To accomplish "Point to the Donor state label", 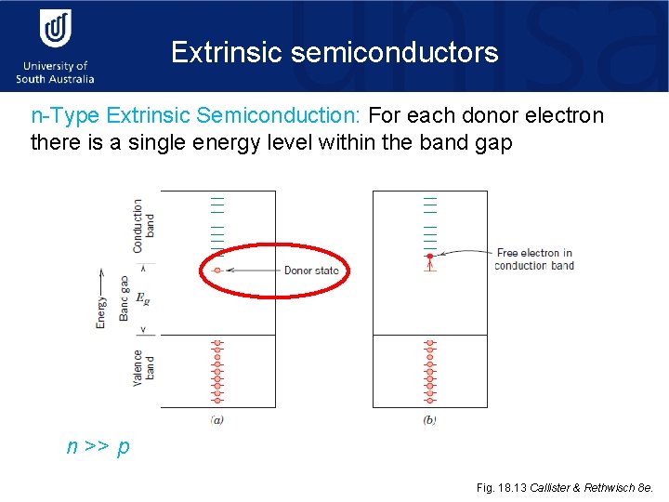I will pyautogui.click(x=311, y=271).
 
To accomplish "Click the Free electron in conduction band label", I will pyautogui.click(x=534, y=258).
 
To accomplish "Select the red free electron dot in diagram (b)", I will pyautogui.click(x=429, y=255).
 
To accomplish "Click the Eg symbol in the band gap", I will pyautogui.click(x=142, y=298).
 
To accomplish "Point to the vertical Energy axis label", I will pyautogui.click(x=101, y=299).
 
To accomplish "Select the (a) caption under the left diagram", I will pyautogui.click(x=217, y=419).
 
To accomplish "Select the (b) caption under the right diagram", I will pyautogui.click(x=429, y=419).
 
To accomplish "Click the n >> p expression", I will pyautogui.click(x=98, y=447).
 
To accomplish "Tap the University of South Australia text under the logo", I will pyautogui.click(x=55, y=73).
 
